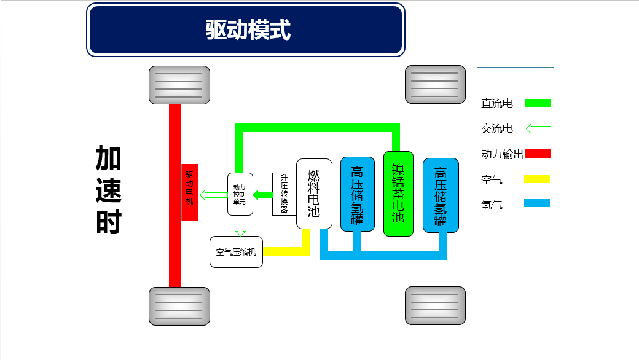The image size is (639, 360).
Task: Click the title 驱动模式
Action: click(x=246, y=29)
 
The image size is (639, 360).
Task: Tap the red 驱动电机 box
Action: click(x=189, y=192)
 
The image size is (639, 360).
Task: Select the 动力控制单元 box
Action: click(x=240, y=194)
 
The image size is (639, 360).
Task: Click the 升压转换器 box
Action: click(x=284, y=194)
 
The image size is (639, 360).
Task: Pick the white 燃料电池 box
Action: click(x=314, y=194)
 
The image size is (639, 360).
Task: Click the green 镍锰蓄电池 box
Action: click(x=398, y=194)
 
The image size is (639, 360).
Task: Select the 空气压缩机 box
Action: click(x=236, y=252)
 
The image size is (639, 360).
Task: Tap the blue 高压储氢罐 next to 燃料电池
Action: click(x=357, y=194)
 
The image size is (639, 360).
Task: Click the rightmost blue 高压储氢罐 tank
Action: click(x=441, y=195)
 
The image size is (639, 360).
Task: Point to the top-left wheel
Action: click(x=179, y=85)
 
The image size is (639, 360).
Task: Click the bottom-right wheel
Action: click(x=435, y=305)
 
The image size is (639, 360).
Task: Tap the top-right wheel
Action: click(x=435, y=85)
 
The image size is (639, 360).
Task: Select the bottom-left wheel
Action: click(x=179, y=306)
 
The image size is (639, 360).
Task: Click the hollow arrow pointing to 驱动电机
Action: click(x=214, y=195)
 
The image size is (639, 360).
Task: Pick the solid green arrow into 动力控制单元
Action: click(x=263, y=195)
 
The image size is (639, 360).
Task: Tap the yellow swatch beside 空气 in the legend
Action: click(x=538, y=179)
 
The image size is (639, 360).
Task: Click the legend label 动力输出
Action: click(x=501, y=154)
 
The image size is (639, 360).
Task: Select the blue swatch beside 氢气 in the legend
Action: click(x=538, y=203)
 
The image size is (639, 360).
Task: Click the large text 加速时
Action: click(x=109, y=190)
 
